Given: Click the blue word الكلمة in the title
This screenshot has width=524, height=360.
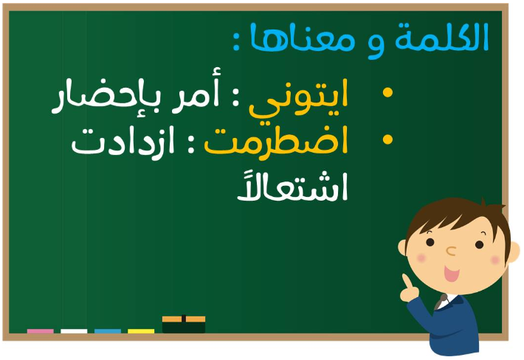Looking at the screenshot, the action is [x=442, y=38].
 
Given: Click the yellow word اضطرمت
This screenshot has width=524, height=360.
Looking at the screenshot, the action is [x=276, y=141].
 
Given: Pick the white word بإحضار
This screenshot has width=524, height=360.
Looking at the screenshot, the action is [x=106, y=97].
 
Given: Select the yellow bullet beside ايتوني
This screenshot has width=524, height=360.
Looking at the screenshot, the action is [x=387, y=92].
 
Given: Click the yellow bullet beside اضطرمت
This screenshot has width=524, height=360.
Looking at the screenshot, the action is [x=387, y=139].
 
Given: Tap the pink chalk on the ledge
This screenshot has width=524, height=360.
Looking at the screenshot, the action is [x=40, y=331].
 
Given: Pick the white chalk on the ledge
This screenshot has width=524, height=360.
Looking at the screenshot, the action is [x=74, y=331].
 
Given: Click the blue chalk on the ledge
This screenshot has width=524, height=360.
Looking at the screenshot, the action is [x=108, y=331].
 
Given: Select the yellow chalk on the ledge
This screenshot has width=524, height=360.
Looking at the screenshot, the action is [x=141, y=331].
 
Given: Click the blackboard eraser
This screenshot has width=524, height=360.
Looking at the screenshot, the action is [x=184, y=325].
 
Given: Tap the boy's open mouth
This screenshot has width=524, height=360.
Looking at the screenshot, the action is [x=451, y=273].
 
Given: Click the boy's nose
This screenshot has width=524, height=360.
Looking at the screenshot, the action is [x=451, y=251].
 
